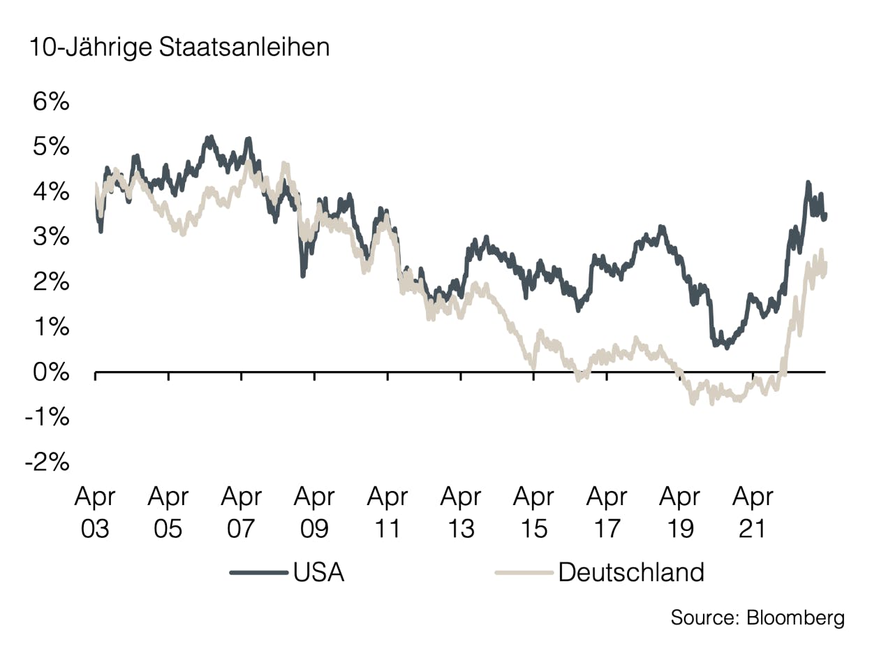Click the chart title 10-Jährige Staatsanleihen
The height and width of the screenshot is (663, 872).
[179, 48]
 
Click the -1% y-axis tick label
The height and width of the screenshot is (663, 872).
[47, 417]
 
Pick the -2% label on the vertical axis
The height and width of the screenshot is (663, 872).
[47, 462]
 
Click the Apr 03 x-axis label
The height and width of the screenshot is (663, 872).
[95, 513]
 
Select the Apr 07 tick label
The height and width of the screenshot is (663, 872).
[241, 513]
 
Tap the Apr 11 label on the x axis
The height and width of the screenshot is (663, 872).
[387, 513]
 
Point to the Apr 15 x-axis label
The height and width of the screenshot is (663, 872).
[533, 513]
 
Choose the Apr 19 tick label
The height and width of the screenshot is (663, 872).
[679, 513]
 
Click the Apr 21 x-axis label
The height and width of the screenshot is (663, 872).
[753, 513]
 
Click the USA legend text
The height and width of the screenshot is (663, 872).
[318, 572]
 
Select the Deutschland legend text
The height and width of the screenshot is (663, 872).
[631, 572]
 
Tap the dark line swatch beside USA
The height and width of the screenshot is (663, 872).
[258, 573]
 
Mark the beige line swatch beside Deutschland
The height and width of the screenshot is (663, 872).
[524, 573]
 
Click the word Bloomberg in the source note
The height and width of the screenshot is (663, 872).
[795, 618]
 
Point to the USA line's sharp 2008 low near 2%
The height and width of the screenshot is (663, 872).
[302, 275]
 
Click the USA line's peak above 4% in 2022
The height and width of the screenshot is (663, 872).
[808, 182]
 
